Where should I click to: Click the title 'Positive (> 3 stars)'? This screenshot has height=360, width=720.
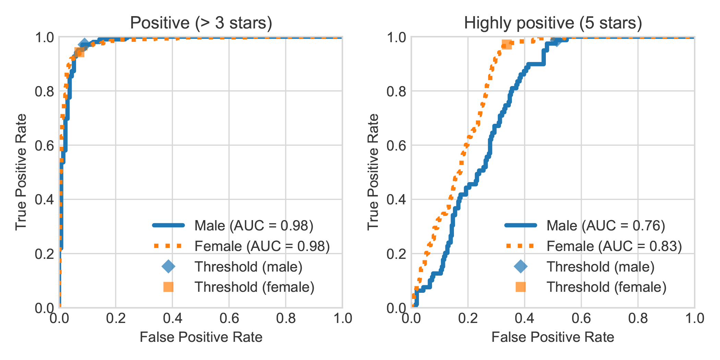(201, 23)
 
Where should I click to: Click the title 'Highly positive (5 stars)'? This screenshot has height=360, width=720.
(553, 23)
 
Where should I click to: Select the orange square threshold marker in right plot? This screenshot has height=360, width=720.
(506, 45)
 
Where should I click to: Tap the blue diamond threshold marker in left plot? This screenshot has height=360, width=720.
(84, 44)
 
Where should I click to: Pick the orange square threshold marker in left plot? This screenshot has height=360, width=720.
(79, 52)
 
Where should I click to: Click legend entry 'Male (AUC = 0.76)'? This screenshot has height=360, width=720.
(605, 226)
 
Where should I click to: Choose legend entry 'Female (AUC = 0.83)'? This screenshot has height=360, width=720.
(614, 246)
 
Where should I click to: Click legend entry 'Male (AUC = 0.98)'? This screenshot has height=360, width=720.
(254, 226)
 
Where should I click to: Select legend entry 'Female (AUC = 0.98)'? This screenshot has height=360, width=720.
(262, 246)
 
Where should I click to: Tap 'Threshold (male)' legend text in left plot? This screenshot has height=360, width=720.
(248, 267)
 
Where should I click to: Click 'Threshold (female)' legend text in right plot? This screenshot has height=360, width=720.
(606, 287)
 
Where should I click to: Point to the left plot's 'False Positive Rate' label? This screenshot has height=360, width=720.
(201, 337)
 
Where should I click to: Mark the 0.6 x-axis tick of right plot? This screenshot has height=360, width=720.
(581, 319)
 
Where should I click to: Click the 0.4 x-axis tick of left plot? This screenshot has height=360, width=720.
(172, 319)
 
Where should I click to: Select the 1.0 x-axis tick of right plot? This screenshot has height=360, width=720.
(694, 319)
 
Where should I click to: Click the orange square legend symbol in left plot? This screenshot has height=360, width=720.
(168, 287)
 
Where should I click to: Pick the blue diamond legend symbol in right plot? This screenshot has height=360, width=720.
(520, 267)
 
